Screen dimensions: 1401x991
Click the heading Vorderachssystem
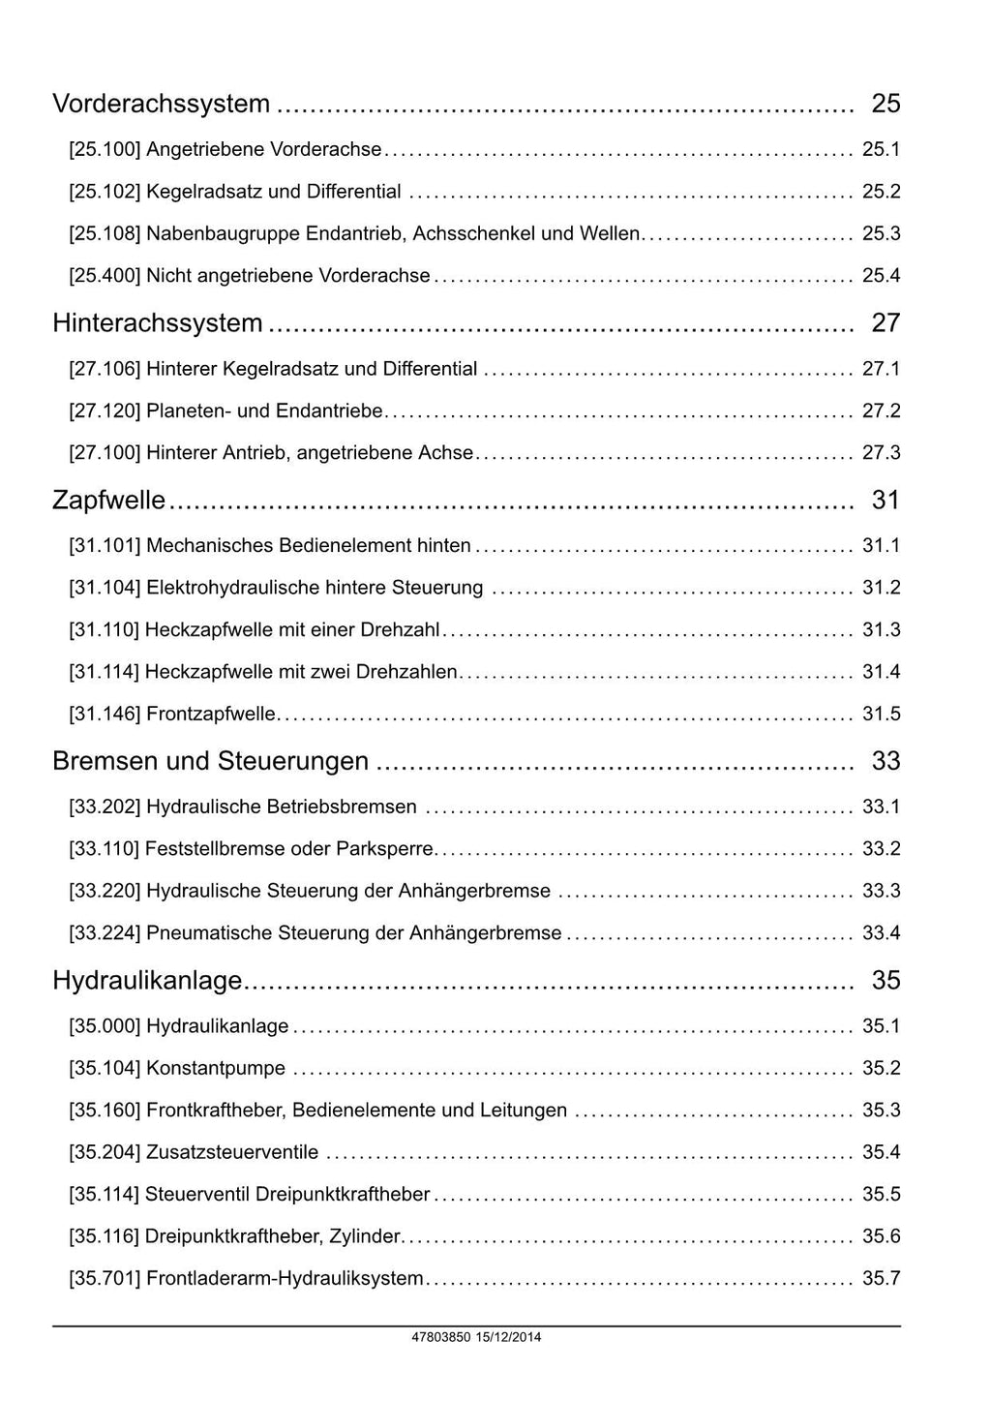(161, 104)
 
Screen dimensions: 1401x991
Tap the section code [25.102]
(105, 192)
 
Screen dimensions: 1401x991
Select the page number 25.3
(881, 233)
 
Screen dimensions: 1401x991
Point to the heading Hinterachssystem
(157, 323)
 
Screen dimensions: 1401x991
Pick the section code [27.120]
(105, 411)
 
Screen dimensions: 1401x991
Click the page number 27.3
(881, 452)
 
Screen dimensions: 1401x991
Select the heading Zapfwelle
(108, 501)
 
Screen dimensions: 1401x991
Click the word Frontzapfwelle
(211, 715)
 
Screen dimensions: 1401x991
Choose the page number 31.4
(881, 672)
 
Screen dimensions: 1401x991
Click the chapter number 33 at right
(886, 761)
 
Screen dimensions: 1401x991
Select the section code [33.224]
(105, 933)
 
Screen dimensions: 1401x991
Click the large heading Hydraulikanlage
(147, 981)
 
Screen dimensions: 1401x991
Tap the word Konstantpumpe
(216, 1069)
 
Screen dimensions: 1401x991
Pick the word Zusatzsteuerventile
(232, 1152)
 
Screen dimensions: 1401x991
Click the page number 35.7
(881, 1278)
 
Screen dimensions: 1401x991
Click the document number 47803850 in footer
(440, 1338)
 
